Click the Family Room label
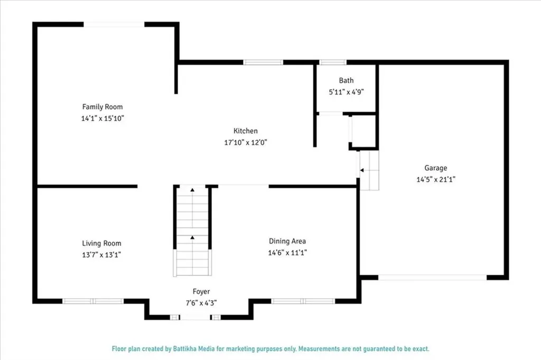[102, 107]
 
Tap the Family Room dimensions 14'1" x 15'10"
[102, 118]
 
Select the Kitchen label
[246, 131]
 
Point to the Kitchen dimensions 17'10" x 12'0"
[246, 142]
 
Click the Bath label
[346, 80]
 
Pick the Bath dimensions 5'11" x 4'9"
[346, 91]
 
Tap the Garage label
[436, 168]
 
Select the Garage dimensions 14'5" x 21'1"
[436, 179]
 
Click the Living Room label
[101, 243]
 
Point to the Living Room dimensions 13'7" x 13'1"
[101, 255]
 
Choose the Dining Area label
[287, 241]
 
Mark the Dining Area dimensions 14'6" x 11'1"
[287, 253]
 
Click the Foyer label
[201, 291]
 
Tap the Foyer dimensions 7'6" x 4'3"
[201, 303]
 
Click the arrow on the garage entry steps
[362, 170]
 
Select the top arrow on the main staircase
[192, 189]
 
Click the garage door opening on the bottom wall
[433, 277]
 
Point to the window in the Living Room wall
[94, 301]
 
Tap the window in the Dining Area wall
[303, 301]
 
